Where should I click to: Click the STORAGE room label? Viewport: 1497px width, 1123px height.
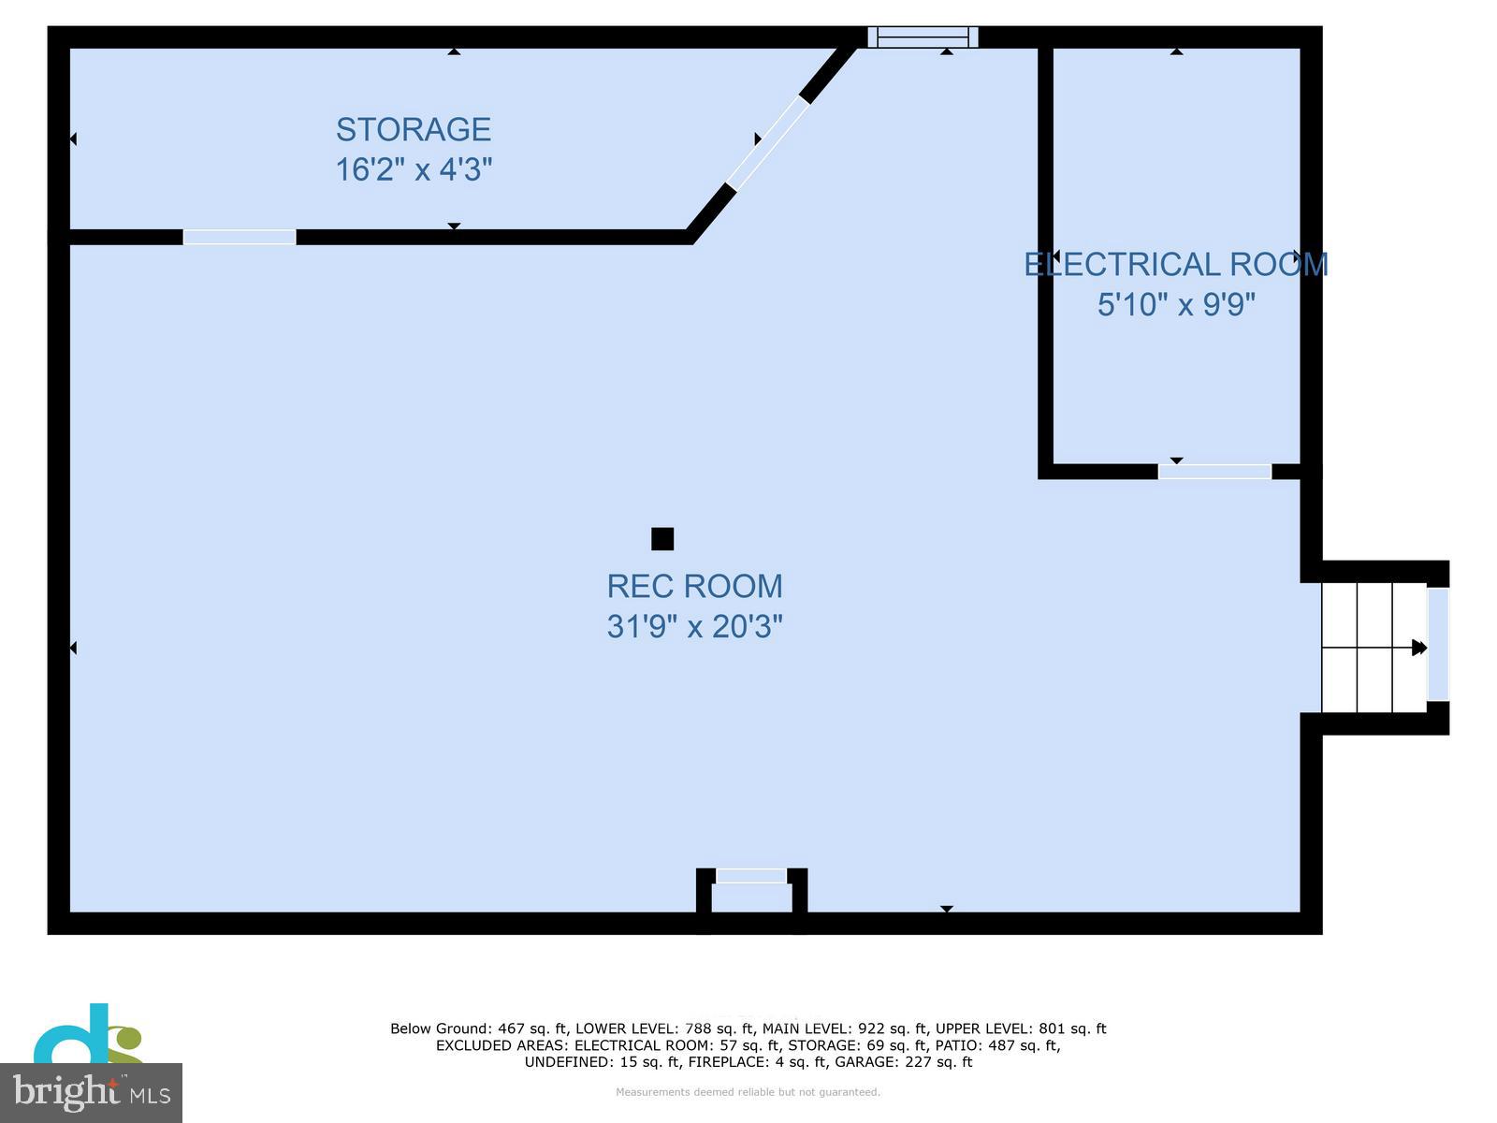point(414,129)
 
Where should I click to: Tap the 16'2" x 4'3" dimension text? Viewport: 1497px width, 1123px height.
point(414,169)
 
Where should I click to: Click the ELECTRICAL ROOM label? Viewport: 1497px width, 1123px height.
point(1175,265)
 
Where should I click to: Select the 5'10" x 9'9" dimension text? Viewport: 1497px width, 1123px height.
point(1175,305)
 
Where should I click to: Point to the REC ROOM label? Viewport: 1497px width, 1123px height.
point(694,587)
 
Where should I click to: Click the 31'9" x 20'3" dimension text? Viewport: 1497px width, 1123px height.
point(694,626)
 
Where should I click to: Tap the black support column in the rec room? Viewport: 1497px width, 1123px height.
point(662,539)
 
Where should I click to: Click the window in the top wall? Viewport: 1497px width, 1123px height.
point(923,37)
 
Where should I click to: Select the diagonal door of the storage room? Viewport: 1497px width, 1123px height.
point(767,143)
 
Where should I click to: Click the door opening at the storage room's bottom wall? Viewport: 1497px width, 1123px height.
point(240,237)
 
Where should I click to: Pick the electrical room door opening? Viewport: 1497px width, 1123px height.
point(1214,472)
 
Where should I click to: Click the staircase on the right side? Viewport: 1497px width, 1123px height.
point(1373,647)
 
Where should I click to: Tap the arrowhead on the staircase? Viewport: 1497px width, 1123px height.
point(1419,648)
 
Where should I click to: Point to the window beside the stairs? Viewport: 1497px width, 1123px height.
point(1438,645)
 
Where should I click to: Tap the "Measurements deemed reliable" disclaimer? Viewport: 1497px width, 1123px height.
point(748,1092)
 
